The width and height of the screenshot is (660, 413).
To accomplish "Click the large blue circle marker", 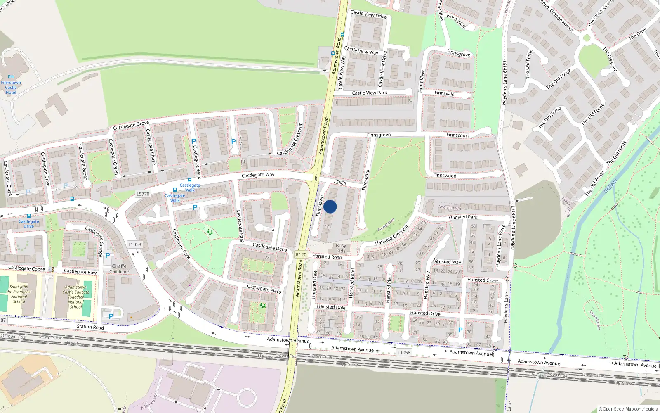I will pyautogui.click(x=330, y=206).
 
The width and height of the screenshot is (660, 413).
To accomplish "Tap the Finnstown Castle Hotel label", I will pyautogui.click(x=11, y=87).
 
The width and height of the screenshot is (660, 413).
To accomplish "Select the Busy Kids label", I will pyautogui.click(x=341, y=248).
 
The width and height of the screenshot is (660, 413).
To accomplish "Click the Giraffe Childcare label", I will pyautogui.click(x=119, y=269).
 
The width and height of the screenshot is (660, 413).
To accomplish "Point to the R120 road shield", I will pyautogui.click(x=301, y=254).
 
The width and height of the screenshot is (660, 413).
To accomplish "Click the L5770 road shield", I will pyautogui.click(x=143, y=194).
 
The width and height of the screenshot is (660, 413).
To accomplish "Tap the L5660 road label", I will pyautogui.click(x=340, y=183).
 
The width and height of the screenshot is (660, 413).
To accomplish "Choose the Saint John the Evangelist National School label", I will pyautogui.click(x=19, y=294).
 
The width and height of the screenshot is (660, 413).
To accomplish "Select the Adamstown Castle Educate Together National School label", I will pyautogui.click(x=76, y=297).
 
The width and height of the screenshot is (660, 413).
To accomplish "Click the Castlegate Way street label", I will pyautogui.click(x=258, y=175).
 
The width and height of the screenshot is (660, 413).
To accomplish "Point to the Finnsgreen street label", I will pyautogui.click(x=379, y=135).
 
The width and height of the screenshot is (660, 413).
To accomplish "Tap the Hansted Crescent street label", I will pyautogui.click(x=391, y=235).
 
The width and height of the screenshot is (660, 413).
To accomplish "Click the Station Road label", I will pyautogui.click(x=90, y=327).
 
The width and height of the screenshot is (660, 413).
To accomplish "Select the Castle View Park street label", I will pyautogui.click(x=369, y=93).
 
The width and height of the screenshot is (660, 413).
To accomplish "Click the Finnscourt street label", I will pyautogui.click(x=457, y=135).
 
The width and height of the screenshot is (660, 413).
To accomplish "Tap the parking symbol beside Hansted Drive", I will pyautogui.click(x=460, y=330).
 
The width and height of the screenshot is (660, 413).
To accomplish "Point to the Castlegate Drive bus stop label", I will pyautogui.click(x=29, y=223).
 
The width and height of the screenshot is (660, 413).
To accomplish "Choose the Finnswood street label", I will pyautogui.click(x=445, y=176).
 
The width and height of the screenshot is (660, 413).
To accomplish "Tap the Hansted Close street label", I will pyautogui.click(x=482, y=280).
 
